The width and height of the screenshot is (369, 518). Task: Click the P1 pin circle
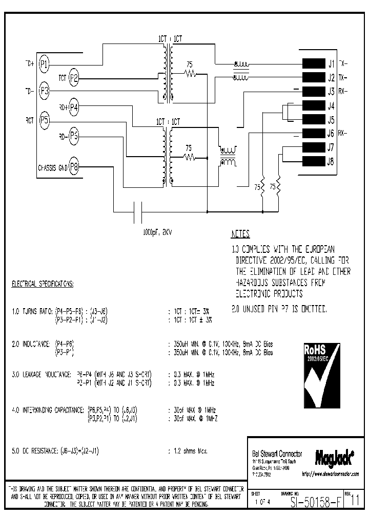tap(45, 64)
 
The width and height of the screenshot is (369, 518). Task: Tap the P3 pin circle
tap(45, 91)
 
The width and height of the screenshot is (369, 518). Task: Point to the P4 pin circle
tap(74, 107)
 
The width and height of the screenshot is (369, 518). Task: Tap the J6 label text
tap(331, 134)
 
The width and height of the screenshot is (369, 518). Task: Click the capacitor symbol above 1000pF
tap(138, 211)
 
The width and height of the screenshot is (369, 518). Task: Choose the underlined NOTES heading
tap(240, 234)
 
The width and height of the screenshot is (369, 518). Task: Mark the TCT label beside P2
tap(62, 78)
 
